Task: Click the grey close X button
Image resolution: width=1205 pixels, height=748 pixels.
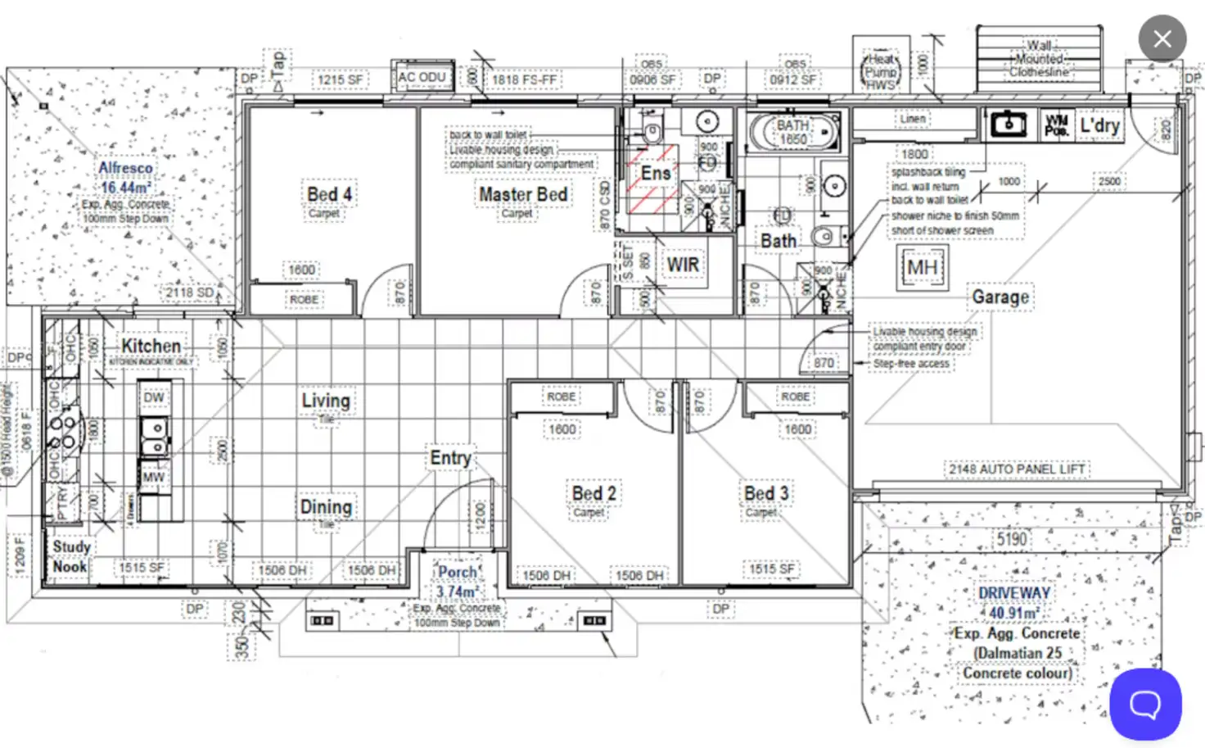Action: pyautogui.click(x=1162, y=39)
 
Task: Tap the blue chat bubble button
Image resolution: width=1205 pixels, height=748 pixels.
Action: pyautogui.click(x=1144, y=704)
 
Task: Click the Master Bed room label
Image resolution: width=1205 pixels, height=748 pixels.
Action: pyautogui.click(x=523, y=195)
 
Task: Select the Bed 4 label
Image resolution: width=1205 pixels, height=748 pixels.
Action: pyautogui.click(x=329, y=194)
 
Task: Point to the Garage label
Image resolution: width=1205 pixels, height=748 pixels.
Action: pyautogui.click(x=1000, y=297)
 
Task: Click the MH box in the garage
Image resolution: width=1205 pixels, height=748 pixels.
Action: pyautogui.click(x=922, y=268)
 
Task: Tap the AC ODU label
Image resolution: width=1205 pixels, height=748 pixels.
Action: pyautogui.click(x=422, y=77)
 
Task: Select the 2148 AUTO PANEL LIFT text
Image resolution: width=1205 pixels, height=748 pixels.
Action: pyautogui.click(x=1017, y=469)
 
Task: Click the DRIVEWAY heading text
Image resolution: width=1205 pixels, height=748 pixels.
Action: pyautogui.click(x=1013, y=592)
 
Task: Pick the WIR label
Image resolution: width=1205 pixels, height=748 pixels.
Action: pyautogui.click(x=683, y=265)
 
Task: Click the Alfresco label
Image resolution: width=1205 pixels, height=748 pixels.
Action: pyautogui.click(x=125, y=168)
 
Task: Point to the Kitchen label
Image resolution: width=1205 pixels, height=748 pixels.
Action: pyautogui.click(x=151, y=346)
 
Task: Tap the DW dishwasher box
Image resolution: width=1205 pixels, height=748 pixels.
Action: pyautogui.click(x=154, y=397)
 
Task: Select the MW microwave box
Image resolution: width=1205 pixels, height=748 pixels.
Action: pyautogui.click(x=154, y=477)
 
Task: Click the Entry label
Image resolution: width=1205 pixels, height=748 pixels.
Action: pyautogui.click(x=450, y=458)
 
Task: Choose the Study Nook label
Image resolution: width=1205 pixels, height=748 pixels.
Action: pyautogui.click(x=70, y=556)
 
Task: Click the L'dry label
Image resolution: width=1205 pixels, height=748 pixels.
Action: pyautogui.click(x=1099, y=125)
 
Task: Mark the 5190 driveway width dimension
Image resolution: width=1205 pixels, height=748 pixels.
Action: pyautogui.click(x=1012, y=539)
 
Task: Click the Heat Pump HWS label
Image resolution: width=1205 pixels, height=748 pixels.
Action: pyautogui.click(x=881, y=71)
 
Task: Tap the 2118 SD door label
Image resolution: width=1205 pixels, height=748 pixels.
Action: pyautogui.click(x=189, y=292)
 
